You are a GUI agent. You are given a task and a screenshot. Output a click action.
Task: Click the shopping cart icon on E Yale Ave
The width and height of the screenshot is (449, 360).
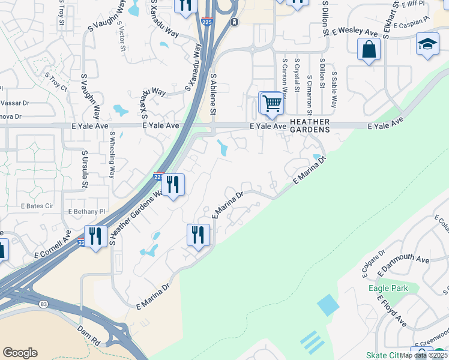pos(271,103)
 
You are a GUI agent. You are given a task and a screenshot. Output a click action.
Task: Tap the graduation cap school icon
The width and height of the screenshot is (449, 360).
pos(427,45)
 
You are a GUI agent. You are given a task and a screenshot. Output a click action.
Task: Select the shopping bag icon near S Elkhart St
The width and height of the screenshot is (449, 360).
pos(369,50)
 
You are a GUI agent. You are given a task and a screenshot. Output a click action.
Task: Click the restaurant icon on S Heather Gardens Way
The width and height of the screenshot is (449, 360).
pos(173,185)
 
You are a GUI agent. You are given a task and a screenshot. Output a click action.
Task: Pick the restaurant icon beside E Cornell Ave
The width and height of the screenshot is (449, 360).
pos(95,236)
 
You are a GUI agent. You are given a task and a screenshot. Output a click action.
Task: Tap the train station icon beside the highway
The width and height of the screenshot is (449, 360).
pos(234,22)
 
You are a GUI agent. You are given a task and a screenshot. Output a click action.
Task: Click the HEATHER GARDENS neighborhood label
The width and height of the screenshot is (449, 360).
pos(310,125)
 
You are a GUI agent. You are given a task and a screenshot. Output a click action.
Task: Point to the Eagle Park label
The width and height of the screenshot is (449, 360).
pos(388,289)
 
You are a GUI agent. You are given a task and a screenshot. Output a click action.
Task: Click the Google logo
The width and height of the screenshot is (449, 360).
pos(20,353)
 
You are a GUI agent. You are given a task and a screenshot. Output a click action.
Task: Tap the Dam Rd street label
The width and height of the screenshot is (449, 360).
pos(88,334)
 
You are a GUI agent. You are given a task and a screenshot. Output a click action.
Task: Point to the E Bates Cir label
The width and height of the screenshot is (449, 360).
pos(38,206)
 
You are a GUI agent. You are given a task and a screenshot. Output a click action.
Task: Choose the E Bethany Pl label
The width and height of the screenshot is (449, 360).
pos(87,212)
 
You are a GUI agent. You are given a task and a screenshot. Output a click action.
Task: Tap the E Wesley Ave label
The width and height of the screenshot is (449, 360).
pos(358,30)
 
